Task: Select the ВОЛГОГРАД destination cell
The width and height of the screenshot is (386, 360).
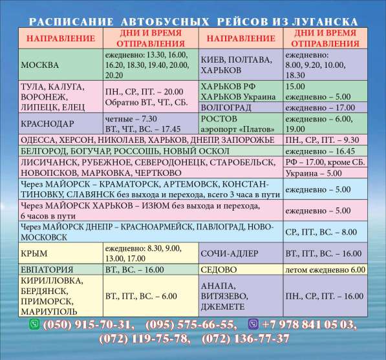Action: [x=240, y=107]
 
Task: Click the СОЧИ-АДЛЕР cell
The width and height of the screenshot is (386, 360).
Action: [x=240, y=253]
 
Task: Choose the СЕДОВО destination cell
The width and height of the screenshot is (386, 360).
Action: [x=240, y=269]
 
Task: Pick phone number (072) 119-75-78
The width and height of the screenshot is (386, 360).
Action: [x=145, y=339]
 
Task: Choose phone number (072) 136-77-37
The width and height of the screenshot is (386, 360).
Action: [x=246, y=339]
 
